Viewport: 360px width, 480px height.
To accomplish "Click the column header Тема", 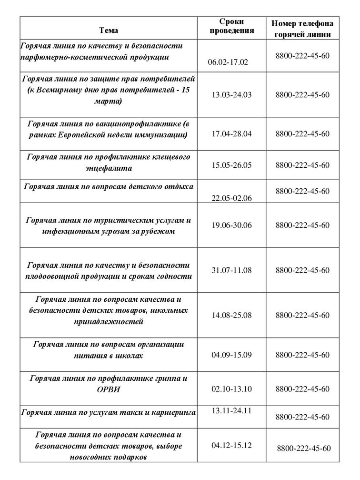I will [x=109, y=30].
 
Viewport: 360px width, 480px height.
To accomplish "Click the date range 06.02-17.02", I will [x=228, y=62].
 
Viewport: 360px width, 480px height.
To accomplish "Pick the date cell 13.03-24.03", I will [x=231, y=94].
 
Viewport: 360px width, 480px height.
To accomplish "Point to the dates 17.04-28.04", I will [x=231, y=133].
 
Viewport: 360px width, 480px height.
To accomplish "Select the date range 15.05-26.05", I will [x=231, y=165].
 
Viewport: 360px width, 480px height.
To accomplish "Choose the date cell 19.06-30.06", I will [x=231, y=225].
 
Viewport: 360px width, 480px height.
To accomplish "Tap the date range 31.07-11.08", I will [x=231, y=270].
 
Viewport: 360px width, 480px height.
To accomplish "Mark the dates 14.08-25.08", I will [x=231, y=315].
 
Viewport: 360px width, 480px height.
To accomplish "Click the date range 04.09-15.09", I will [x=231, y=355].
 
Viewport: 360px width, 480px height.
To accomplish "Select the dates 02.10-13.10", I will [x=231, y=389].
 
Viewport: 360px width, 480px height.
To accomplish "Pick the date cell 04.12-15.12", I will [x=231, y=445].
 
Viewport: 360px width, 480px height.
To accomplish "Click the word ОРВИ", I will [x=109, y=389].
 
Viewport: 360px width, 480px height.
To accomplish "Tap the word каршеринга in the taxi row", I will [x=173, y=412].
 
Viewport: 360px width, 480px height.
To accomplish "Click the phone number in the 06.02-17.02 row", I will [x=302, y=56].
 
